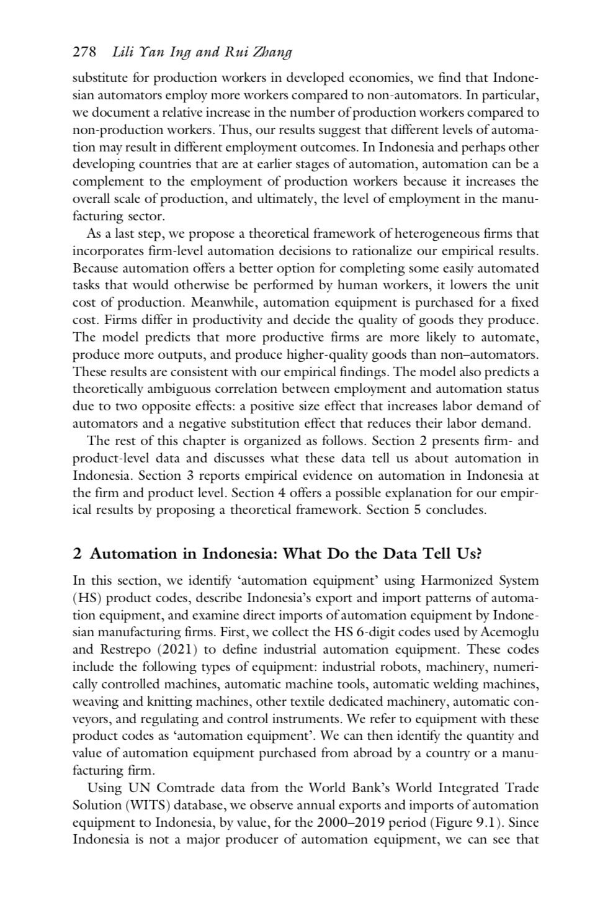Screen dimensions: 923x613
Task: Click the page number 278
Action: coord(84,53)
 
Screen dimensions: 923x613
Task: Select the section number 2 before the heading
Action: coord(77,554)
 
